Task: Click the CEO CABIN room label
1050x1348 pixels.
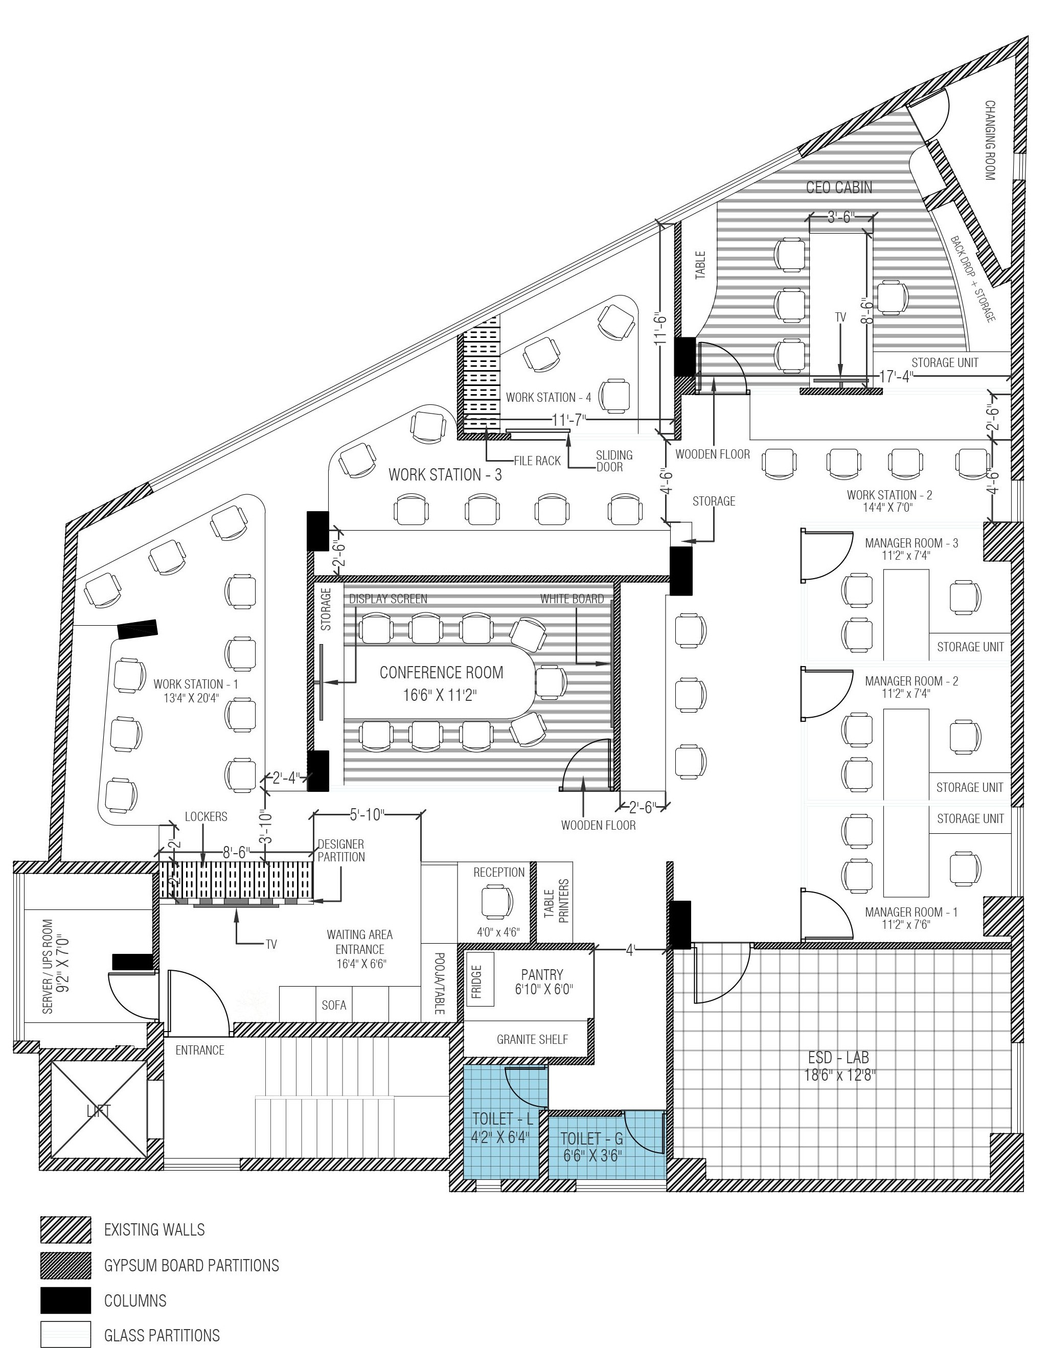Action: [839, 187]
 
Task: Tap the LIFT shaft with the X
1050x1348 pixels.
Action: [99, 1111]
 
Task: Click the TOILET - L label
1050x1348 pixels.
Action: [502, 1118]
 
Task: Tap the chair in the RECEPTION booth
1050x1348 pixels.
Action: [497, 902]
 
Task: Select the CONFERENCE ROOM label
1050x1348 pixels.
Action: [441, 672]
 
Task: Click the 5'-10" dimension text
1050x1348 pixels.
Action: [367, 815]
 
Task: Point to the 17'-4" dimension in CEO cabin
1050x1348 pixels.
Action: [896, 376]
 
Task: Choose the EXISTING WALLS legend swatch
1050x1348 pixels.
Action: [65, 1229]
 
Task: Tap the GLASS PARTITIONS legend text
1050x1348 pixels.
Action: [162, 1335]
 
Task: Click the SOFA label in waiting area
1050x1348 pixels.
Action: [334, 1006]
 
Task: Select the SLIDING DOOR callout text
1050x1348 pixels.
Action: [613, 461]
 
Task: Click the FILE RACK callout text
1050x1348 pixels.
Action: [538, 461]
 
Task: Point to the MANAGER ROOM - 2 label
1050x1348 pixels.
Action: [911, 681]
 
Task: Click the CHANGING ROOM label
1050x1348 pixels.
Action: [990, 140]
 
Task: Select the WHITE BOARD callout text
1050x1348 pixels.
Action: [572, 598]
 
